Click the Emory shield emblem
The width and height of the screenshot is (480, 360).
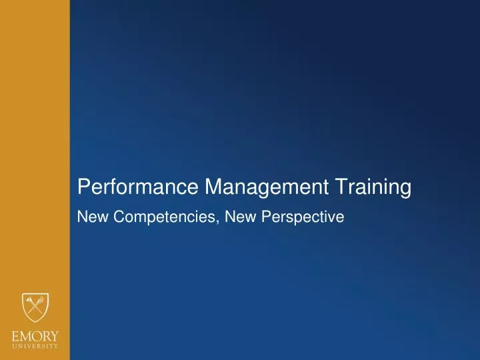(x=35, y=309)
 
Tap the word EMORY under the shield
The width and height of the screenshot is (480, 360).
(x=35, y=335)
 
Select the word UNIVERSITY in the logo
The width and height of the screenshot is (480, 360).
(x=35, y=346)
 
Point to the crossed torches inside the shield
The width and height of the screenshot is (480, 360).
(x=35, y=307)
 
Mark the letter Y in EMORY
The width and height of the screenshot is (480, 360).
(x=54, y=335)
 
